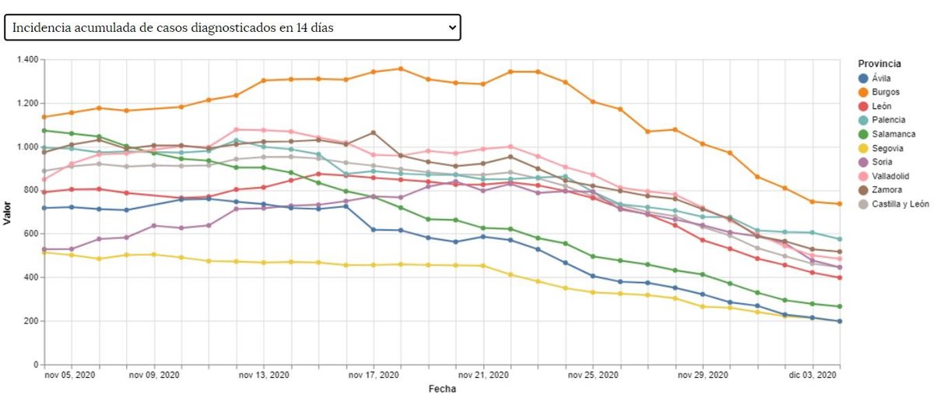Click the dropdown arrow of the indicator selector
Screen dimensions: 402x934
tap(452, 27)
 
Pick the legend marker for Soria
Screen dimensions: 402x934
tap(862, 162)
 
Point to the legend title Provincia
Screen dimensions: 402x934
tap(880, 63)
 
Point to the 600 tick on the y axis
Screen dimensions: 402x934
tap(31, 234)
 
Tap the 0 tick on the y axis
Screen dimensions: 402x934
tap(36, 365)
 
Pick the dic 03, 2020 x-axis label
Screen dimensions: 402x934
tap(812, 376)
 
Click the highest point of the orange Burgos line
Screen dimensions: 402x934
tap(401, 69)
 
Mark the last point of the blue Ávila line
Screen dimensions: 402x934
tap(840, 321)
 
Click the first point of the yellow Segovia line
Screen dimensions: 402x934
tap(44, 252)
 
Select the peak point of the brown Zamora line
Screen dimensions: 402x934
tap(374, 132)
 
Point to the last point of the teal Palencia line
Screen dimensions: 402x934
tap(840, 239)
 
